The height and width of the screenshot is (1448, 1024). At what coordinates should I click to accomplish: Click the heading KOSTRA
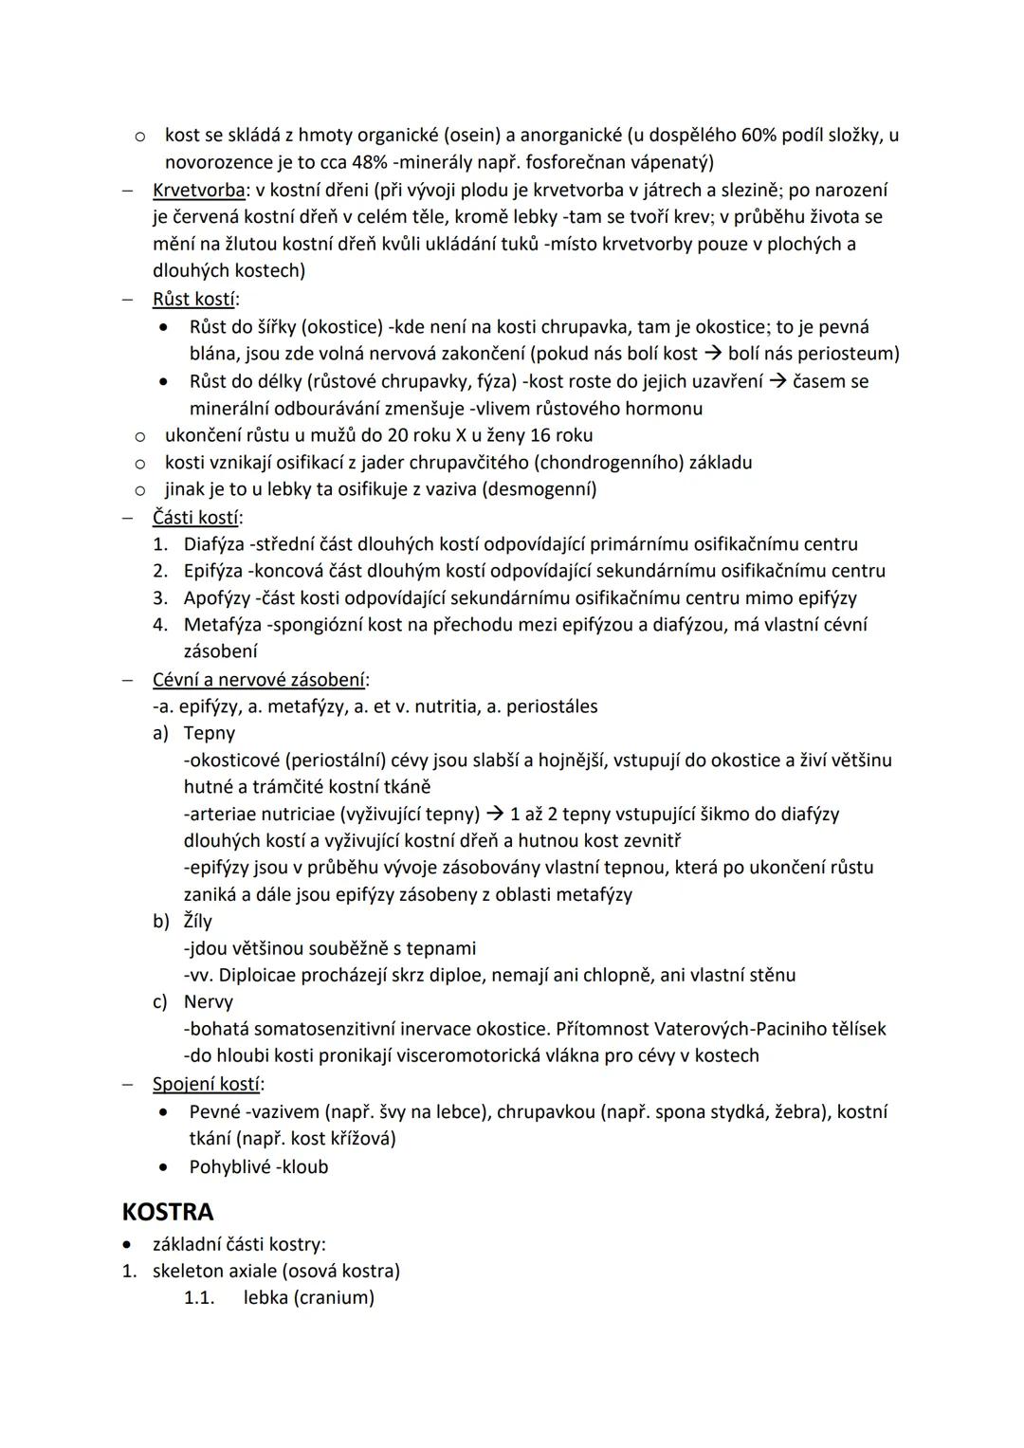pos(168,1212)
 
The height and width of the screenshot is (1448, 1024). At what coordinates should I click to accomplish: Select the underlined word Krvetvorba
pos(198,191)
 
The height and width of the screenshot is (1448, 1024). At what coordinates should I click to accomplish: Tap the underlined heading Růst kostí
pos(193,300)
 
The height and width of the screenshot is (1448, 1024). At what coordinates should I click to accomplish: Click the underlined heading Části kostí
pos(196,518)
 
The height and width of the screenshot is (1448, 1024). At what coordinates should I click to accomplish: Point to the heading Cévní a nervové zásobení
pos(260,680)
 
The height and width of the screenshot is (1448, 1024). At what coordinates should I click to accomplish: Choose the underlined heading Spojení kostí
pos(208,1084)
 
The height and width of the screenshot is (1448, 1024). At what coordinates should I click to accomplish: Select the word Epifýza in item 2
pos(213,571)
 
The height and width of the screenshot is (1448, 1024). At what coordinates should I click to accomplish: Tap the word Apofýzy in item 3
pos(217,598)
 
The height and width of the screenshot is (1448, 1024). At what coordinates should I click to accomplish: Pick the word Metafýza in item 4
pos(221,625)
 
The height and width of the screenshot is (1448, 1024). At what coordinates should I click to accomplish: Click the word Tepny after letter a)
pos(209,733)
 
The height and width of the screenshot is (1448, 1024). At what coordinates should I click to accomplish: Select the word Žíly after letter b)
pos(197,921)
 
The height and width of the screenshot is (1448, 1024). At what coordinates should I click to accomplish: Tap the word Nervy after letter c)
pos(208,1001)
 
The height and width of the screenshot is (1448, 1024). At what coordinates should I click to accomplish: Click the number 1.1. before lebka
pos(199,1297)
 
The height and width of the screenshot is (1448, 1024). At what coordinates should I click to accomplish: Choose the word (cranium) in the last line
pos(334,1297)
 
